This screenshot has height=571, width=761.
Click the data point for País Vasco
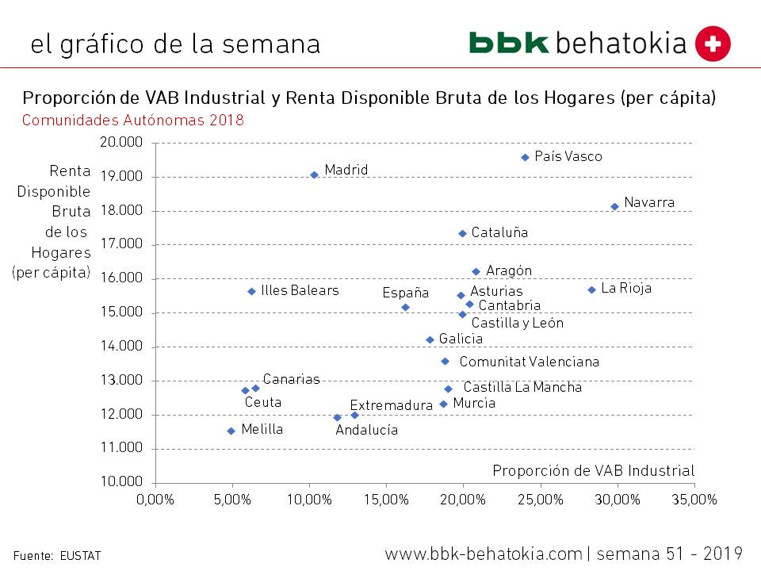pyautogui.click(x=525, y=157)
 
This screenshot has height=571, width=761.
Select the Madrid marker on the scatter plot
pyautogui.click(x=314, y=174)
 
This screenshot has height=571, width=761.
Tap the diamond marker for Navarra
pyautogui.click(x=614, y=206)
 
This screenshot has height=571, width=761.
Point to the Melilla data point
pyautogui.click(x=231, y=431)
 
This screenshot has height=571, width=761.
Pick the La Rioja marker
pyautogui.click(x=591, y=289)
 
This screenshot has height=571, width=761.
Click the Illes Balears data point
pyautogui.click(x=251, y=291)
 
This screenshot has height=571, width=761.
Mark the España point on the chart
pyautogui.click(x=405, y=307)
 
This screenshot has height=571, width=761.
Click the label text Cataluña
pyautogui.click(x=499, y=233)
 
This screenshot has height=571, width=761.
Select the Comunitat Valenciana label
pyautogui.click(x=530, y=362)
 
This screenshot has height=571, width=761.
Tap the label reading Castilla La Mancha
pyautogui.click(x=522, y=388)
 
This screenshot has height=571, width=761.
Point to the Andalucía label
pyautogui.click(x=366, y=431)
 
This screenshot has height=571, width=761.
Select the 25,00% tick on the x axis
pyautogui.click(x=541, y=500)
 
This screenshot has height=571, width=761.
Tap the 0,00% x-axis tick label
pyautogui.click(x=155, y=500)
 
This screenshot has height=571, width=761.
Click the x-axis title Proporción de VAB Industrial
pyautogui.click(x=593, y=470)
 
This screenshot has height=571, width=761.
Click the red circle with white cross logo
pyautogui.click(x=713, y=43)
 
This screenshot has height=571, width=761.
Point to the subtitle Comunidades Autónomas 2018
pyautogui.click(x=133, y=121)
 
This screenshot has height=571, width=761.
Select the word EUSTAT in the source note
pyautogui.click(x=81, y=556)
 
